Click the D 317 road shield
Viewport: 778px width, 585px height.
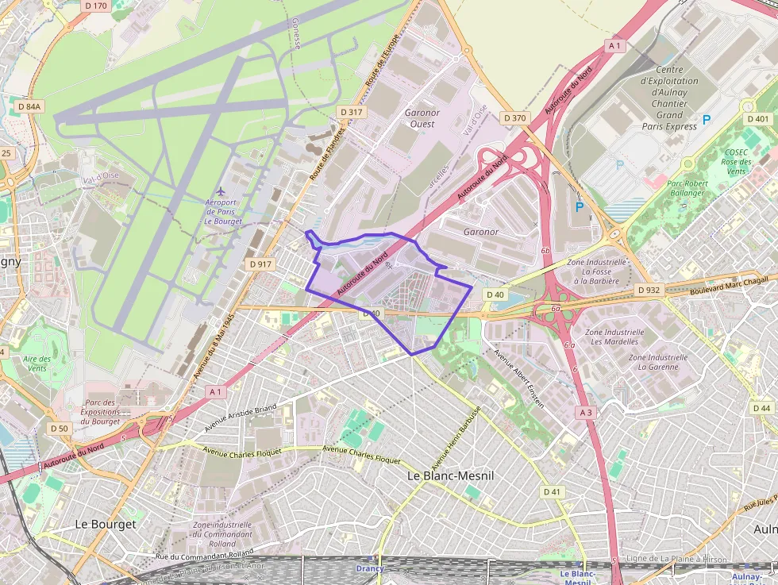point(351,113)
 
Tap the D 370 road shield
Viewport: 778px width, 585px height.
point(515,118)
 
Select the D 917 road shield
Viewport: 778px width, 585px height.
point(260,264)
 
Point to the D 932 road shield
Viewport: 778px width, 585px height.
point(649,290)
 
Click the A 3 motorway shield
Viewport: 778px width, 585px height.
point(586,412)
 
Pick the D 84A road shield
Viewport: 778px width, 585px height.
point(29,106)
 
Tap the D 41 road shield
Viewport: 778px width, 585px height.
point(552,492)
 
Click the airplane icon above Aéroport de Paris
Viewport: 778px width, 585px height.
point(221,191)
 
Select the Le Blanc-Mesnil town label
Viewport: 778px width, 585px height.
point(450,475)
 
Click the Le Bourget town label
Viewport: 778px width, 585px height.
point(105,524)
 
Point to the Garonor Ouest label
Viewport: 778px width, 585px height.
point(422,118)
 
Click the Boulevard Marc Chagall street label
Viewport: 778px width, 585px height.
point(718,286)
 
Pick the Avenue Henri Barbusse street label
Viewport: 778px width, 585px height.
point(456,437)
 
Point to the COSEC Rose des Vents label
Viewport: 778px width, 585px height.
point(736,161)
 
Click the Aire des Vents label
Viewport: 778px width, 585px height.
point(37,364)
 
